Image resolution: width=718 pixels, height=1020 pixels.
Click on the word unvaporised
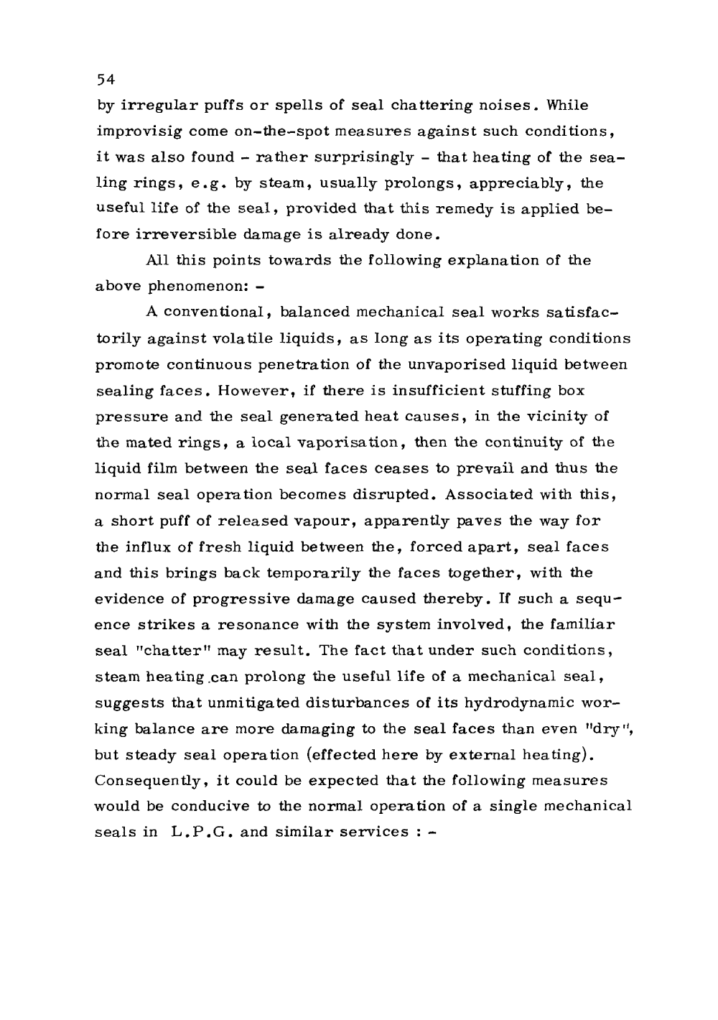(465, 364)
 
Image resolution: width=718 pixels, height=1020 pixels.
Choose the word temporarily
(273, 572)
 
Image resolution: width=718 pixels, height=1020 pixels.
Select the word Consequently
(143, 779)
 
